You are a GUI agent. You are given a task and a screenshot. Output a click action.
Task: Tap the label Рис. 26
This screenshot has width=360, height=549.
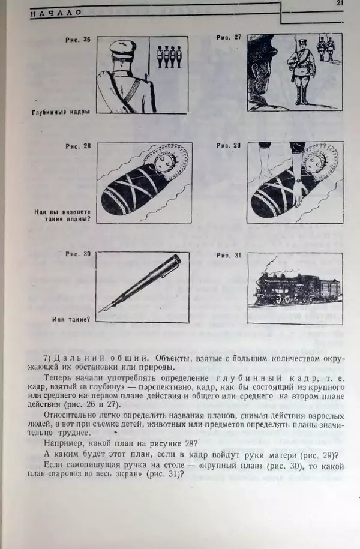[78, 40]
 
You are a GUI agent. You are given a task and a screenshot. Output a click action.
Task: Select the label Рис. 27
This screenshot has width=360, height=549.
[229, 37]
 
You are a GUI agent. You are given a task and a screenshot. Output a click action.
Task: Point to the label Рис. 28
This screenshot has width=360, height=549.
[78, 146]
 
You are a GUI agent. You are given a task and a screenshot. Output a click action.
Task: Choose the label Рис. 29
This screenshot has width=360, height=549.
[229, 146]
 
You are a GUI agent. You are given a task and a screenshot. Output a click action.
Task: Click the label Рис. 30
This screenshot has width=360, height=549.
[78, 254]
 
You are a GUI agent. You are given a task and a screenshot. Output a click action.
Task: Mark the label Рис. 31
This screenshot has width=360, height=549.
[229, 256]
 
